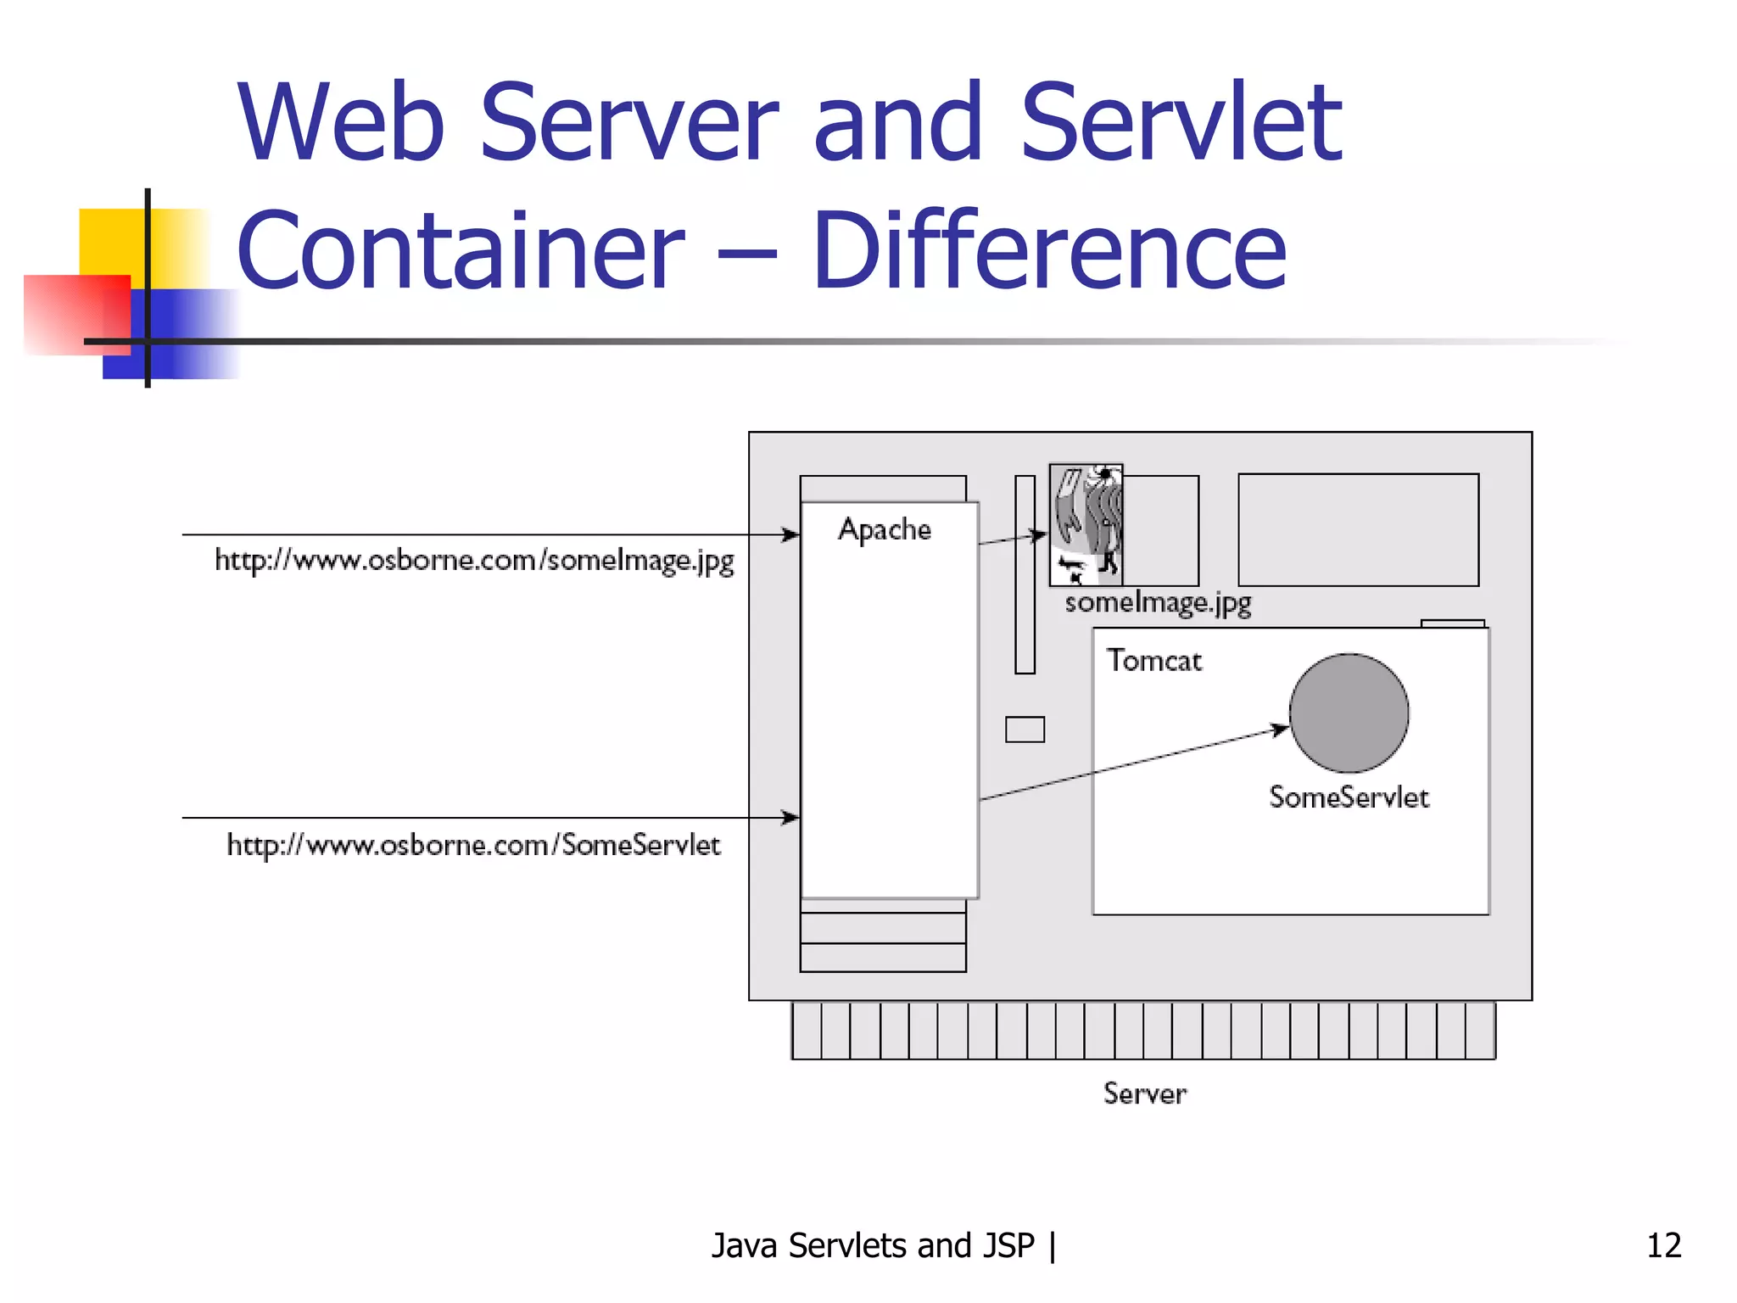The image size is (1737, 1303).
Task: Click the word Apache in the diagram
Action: click(885, 529)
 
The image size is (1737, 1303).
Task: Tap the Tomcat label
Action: click(1153, 661)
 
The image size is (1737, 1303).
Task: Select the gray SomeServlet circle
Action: click(1349, 713)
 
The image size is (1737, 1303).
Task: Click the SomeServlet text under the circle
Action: click(1349, 797)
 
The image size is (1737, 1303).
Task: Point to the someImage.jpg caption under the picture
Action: click(1158, 603)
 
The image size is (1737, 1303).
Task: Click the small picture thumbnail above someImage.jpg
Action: click(1086, 525)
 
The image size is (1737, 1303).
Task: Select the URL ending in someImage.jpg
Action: click(474, 561)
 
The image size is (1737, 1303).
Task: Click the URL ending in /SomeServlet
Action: click(473, 845)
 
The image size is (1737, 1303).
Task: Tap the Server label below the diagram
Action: click(1144, 1093)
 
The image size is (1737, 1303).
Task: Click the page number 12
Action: click(1663, 1245)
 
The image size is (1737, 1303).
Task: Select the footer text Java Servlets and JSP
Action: click(873, 1245)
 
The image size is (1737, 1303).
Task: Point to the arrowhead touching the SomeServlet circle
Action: click(1281, 730)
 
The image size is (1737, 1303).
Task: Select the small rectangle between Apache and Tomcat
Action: click(1025, 730)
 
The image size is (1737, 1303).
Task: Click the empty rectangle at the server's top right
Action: click(1358, 530)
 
